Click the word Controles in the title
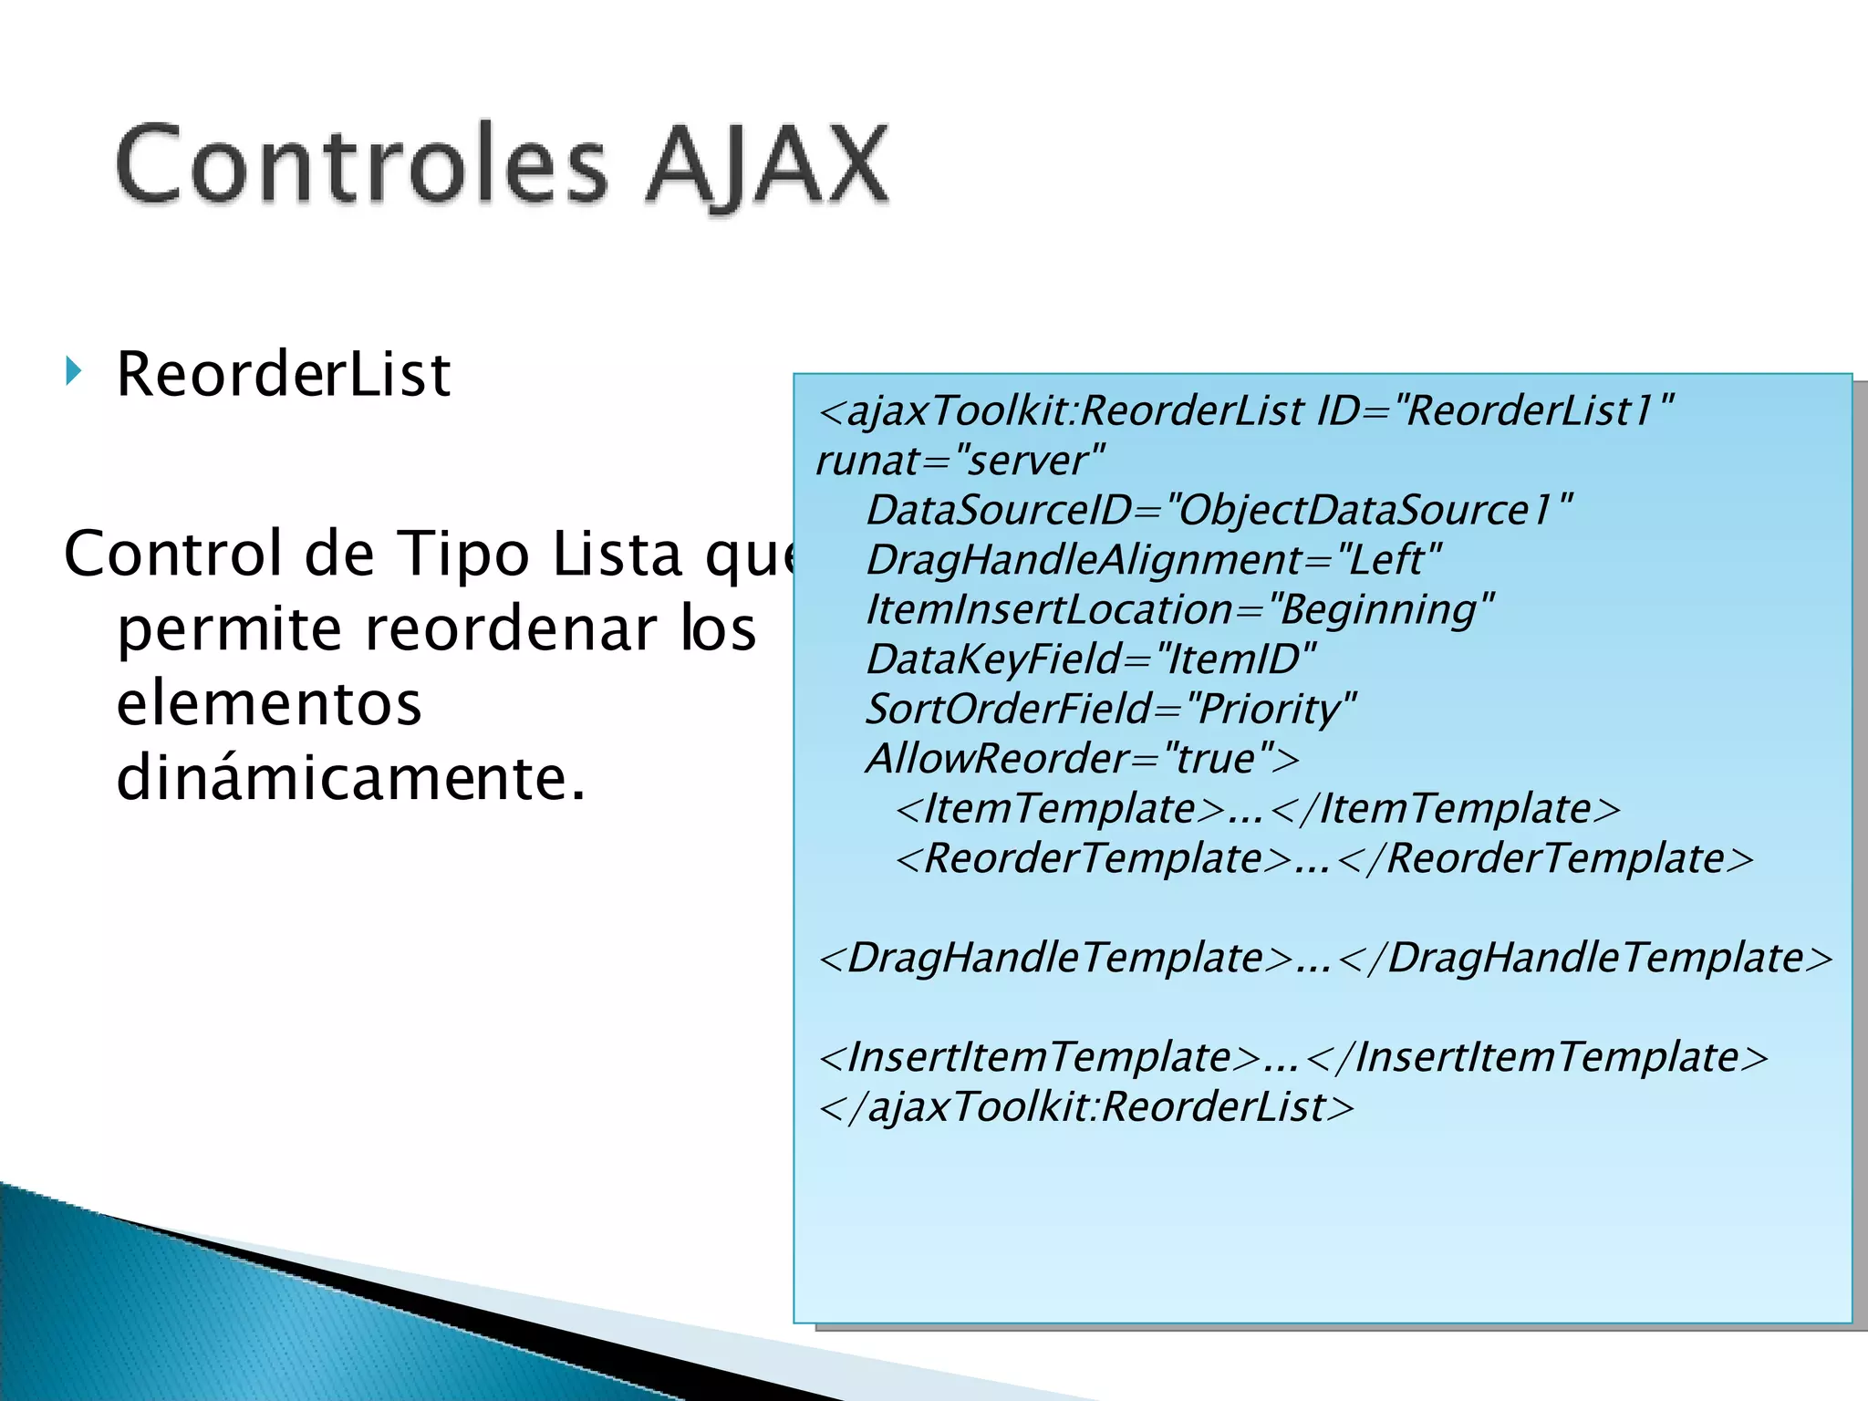click(x=360, y=166)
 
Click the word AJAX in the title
click(x=766, y=166)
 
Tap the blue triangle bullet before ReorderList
click(x=74, y=372)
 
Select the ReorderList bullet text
click(x=284, y=375)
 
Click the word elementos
click(x=269, y=704)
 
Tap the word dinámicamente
click(x=350, y=779)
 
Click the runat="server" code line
click(x=960, y=461)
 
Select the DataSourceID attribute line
click(x=1219, y=510)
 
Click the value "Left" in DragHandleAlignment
click(x=1388, y=560)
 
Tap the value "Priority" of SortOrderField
click(x=1271, y=709)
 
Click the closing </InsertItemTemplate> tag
click(x=1537, y=1057)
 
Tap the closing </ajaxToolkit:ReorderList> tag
click(x=1085, y=1107)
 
